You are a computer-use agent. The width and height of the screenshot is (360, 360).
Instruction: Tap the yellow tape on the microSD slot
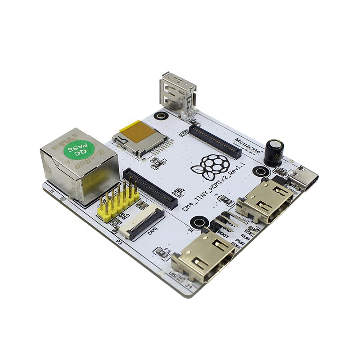[x=138, y=131]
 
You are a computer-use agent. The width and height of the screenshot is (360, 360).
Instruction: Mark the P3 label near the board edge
[x=119, y=242]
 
